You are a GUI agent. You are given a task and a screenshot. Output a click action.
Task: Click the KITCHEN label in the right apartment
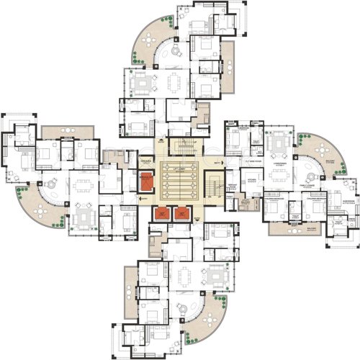252,180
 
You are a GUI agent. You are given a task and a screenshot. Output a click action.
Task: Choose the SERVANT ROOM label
232,186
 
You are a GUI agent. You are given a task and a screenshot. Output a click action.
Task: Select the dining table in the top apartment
177,80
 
